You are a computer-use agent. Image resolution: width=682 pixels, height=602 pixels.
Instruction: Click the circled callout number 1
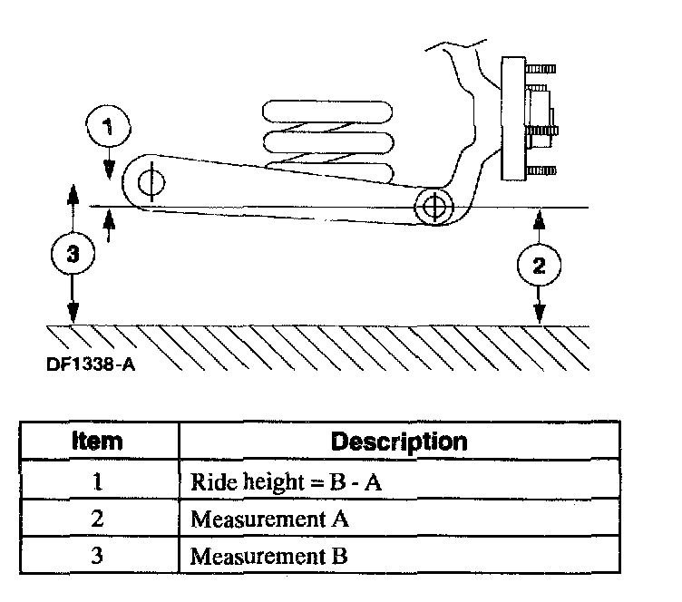click(109, 128)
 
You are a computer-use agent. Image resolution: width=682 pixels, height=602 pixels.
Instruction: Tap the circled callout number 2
click(540, 265)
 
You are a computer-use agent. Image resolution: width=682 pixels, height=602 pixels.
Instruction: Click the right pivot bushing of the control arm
click(434, 206)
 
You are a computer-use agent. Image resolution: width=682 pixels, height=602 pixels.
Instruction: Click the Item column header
click(98, 442)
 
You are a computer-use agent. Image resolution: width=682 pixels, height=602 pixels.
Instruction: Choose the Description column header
click(400, 442)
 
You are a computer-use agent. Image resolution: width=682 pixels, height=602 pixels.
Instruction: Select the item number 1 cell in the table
click(99, 482)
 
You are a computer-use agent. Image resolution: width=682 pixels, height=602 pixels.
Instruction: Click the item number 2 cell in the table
click(99, 519)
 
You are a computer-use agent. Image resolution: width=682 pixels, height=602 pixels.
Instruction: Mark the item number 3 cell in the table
click(99, 555)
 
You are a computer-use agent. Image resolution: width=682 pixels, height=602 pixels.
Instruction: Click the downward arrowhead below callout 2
click(540, 316)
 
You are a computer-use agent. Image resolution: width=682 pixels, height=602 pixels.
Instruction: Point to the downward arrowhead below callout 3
click(73, 316)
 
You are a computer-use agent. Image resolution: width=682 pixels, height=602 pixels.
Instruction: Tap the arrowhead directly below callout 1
click(109, 172)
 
